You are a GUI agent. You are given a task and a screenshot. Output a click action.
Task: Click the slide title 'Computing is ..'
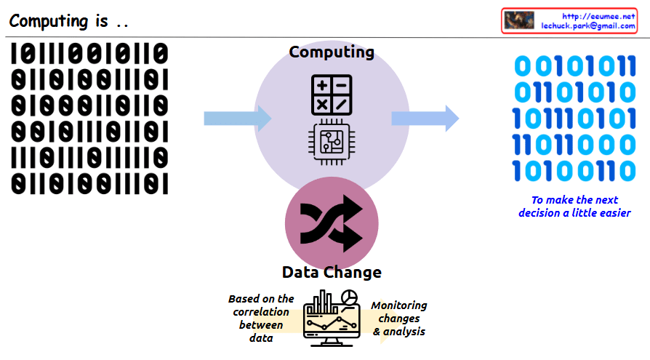(69, 20)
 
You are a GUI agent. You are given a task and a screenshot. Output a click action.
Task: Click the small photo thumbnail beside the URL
(519, 20)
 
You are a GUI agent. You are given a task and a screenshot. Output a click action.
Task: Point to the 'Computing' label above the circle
(332, 52)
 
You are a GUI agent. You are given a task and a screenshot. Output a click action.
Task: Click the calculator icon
(331, 95)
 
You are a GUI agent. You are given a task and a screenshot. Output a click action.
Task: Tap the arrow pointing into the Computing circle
(237, 118)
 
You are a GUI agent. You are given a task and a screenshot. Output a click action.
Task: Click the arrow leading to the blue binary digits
(425, 118)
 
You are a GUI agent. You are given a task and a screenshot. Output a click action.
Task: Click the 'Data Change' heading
(332, 273)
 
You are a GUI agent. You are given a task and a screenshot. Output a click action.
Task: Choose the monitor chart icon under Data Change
(332, 318)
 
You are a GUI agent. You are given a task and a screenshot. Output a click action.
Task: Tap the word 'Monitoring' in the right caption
(399, 305)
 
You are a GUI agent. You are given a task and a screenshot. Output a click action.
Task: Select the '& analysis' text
(399, 332)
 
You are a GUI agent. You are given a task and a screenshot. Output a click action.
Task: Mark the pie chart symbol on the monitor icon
(350, 297)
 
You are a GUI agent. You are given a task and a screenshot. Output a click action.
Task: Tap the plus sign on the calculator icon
(321, 85)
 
